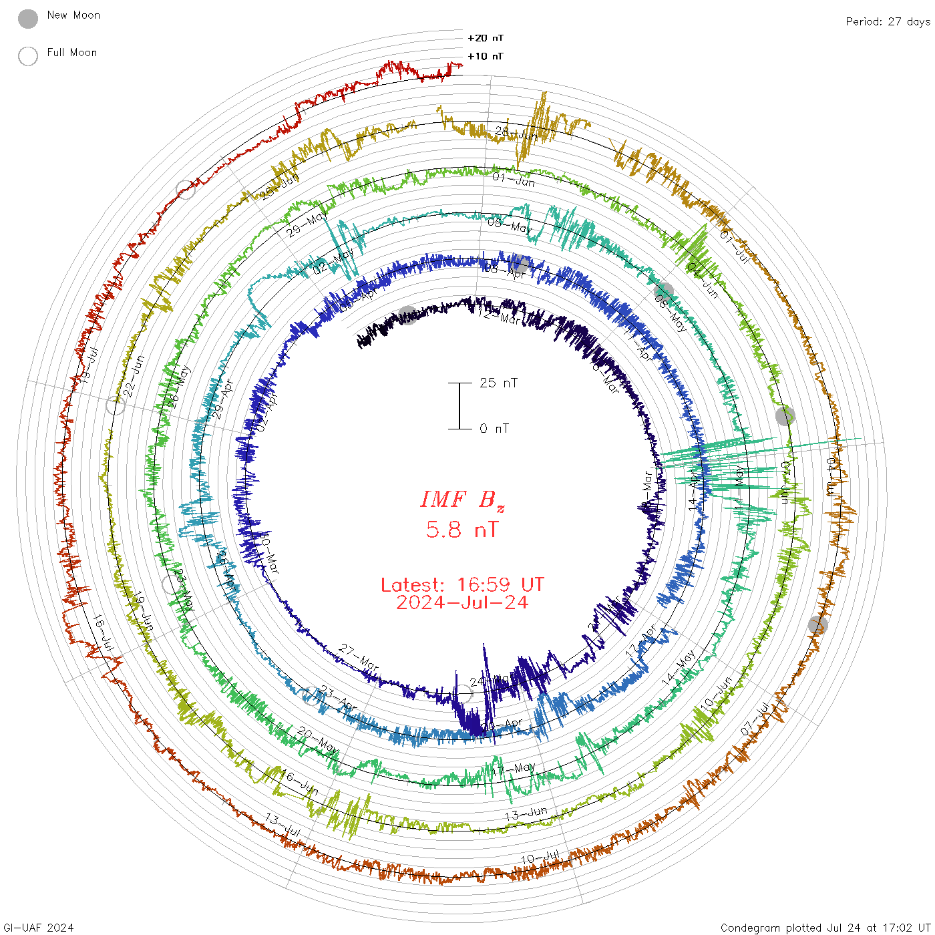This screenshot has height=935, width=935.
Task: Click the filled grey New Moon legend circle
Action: [28, 19]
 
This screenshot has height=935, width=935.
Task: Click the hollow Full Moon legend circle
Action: [28, 56]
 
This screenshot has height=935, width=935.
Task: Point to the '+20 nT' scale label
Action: [486, 38]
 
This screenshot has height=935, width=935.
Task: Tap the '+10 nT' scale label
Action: [486, 56]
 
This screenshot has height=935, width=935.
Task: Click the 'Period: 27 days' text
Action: [888, 21]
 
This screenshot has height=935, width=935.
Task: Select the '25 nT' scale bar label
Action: [498, 383]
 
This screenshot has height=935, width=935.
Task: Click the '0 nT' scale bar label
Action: [494, 428]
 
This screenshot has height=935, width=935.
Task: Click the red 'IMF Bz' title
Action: [462, 500]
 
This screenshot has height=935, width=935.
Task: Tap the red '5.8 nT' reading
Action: [462, 530]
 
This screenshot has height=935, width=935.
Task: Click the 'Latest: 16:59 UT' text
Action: [462, 585]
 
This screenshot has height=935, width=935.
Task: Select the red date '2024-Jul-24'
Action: [462, 602]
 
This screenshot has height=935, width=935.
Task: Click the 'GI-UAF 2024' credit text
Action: [38, 928]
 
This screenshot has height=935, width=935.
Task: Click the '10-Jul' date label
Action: [540, 858]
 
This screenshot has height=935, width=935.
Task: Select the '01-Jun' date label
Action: [514, 179]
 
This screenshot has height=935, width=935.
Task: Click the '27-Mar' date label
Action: [359, 658]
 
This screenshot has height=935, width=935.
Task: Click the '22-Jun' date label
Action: [134, 377]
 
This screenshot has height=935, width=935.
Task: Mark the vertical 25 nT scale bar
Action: [459, 405]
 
